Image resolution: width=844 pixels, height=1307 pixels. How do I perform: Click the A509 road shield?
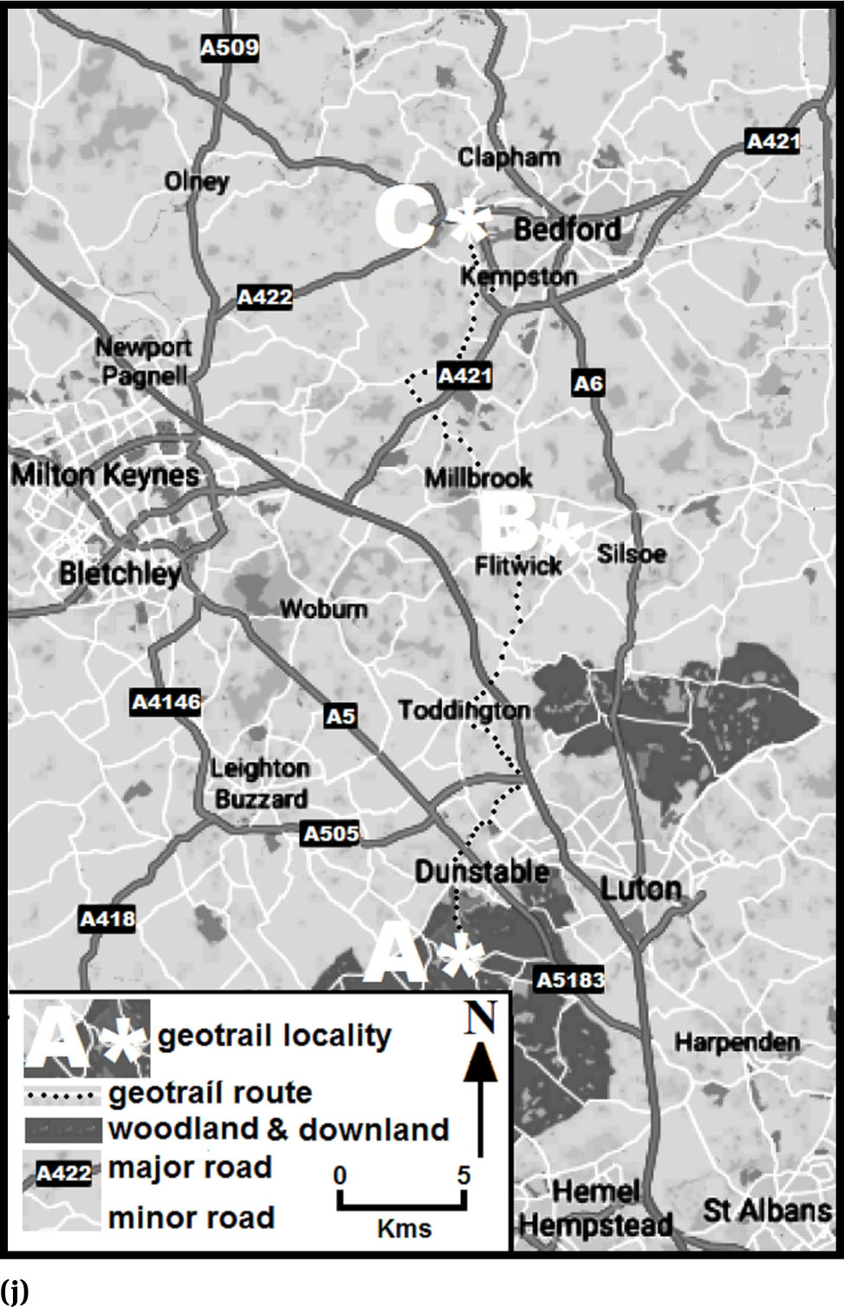pyautogui.click(x=230, y=47)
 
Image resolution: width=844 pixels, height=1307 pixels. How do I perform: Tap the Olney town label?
pyautogui.click(x=197, y=181)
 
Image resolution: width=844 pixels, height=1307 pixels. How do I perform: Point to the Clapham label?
pyautogui.click(x=509, y=157)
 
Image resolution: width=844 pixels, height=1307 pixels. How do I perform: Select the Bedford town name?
pyautogui.click(x=568, y=229)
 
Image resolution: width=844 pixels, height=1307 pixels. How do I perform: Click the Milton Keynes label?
pyautogui.click(x=105, y=475)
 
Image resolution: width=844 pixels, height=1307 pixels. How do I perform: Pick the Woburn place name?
pyautogui.click(x=323, y=609)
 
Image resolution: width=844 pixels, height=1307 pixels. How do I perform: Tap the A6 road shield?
pyautogui.click(x=588, y=383)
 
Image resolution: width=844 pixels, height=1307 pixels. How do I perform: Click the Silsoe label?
pyautogui.click(x=632, y=554)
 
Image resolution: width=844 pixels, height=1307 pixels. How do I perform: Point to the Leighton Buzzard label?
pyautogui.click(x=260, y=784)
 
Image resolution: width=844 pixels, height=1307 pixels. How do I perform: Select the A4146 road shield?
pyautogui.click(x=166, y=702)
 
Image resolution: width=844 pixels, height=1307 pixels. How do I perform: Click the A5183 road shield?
pyautogui.click(x=569, y=980)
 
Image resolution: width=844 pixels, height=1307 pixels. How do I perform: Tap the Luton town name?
pyautogui.click(x=641, y=888)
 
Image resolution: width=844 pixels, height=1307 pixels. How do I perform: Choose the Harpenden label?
pyautogui.click(x=737, y=1042)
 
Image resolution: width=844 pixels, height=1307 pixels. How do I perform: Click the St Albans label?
pyautogui.click(x=767, y=1210)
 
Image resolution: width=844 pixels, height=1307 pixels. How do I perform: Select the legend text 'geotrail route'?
pyautogui.click(x=210, y=1093)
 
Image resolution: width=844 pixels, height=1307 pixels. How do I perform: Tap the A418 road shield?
pyautogui.click(x=107, y=919)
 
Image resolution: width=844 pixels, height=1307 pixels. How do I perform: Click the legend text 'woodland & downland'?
pyautogui.click(x=278, y=1129)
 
